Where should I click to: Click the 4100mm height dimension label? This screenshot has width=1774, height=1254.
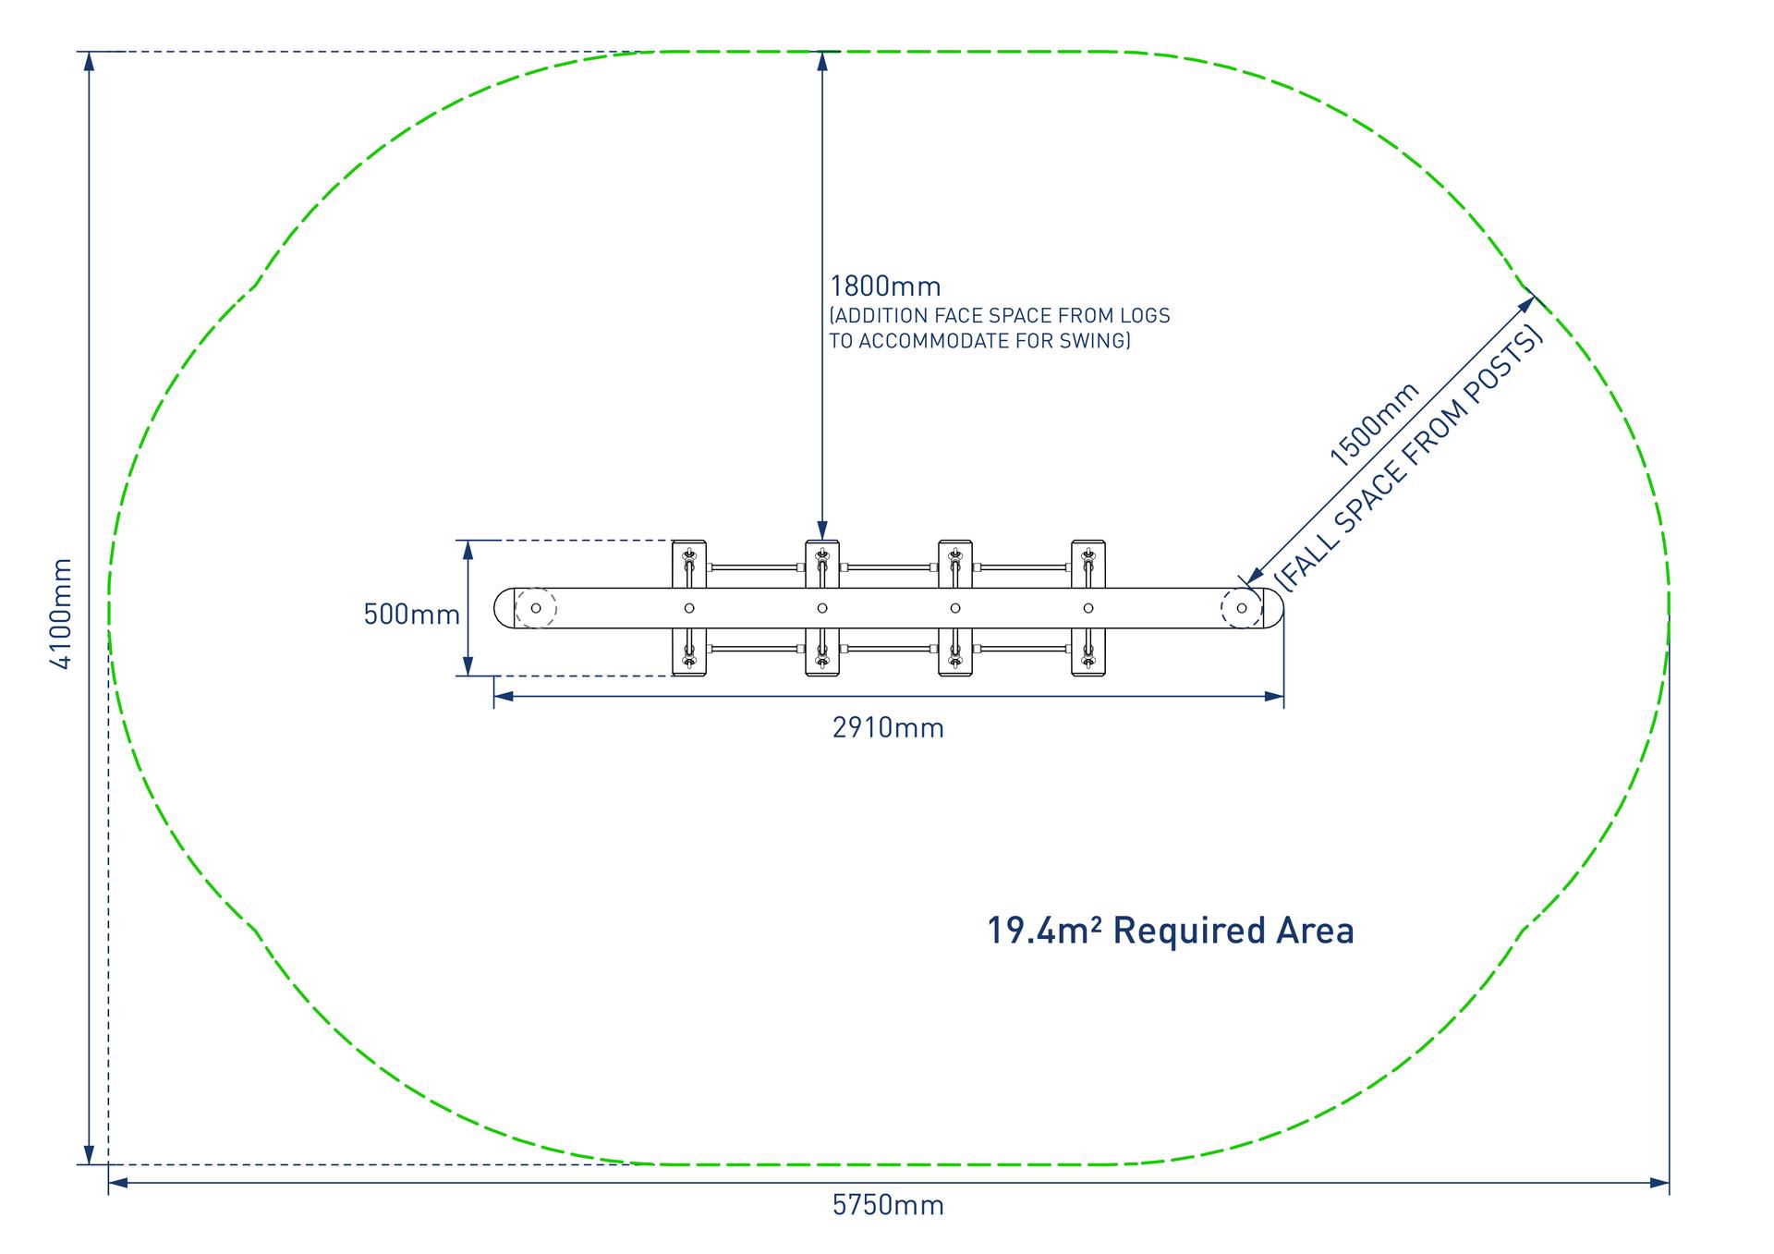(x=60, y=614)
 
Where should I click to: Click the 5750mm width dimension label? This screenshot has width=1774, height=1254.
(x=888, y=1205)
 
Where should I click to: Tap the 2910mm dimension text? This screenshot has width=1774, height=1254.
(x=888, y=728)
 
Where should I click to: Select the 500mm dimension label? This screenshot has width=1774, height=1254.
(x=411, y=615)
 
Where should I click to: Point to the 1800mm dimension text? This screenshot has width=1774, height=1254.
(x=885, y=286)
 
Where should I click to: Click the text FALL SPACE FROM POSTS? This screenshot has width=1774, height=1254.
(x=1409, y=458)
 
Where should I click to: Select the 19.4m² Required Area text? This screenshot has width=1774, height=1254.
(x=1171, y=931)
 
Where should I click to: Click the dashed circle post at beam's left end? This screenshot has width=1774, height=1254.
(x=536, y=608)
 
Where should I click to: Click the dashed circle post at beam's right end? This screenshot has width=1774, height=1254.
(x=1241, y=608)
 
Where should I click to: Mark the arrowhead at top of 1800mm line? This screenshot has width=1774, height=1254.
(x=821, y=60)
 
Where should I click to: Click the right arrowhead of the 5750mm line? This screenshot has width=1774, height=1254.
(x=1660, y=1182)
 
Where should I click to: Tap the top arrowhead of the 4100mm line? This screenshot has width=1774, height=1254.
(x=89, y=61)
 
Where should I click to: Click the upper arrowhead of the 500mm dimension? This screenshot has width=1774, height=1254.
(x=468, y=549)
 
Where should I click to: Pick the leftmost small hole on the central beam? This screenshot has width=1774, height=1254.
(x=689, y=608)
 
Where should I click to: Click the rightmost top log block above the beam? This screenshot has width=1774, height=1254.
(x=1088, y=564)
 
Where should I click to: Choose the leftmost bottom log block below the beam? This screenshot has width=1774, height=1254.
(x=689, y=653)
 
